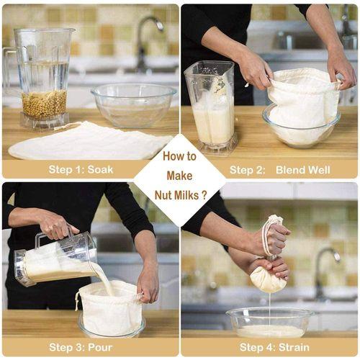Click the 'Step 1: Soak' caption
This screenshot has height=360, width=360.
81,170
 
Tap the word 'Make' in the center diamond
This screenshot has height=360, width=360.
179,175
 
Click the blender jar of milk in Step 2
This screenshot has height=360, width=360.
213,112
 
